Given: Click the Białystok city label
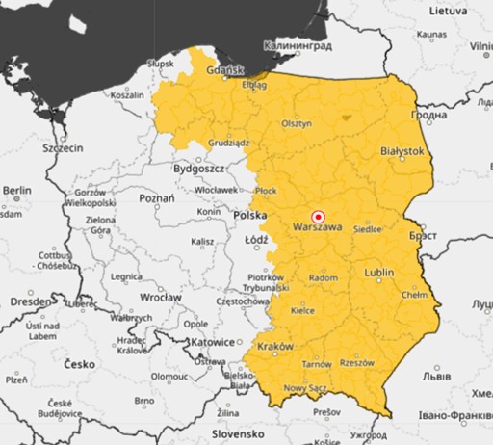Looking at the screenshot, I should coord(402,151).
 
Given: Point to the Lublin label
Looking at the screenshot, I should coord(379,273).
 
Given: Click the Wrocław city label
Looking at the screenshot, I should coord(160,298).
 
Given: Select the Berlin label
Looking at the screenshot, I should coord(17,192).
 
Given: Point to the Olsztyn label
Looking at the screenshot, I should coord(297,124).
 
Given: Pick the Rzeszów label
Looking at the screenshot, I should coord(356,363).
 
